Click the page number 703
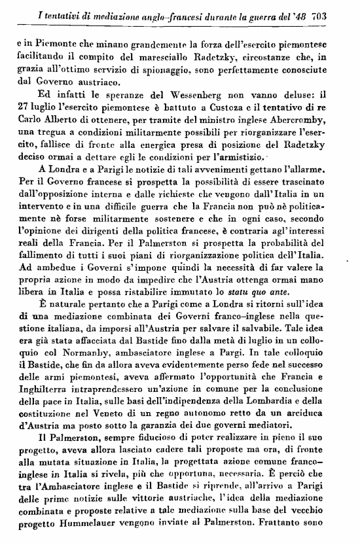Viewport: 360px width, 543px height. click(x=339, y=13)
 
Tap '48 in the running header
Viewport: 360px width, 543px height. click(x=313, y=13)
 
